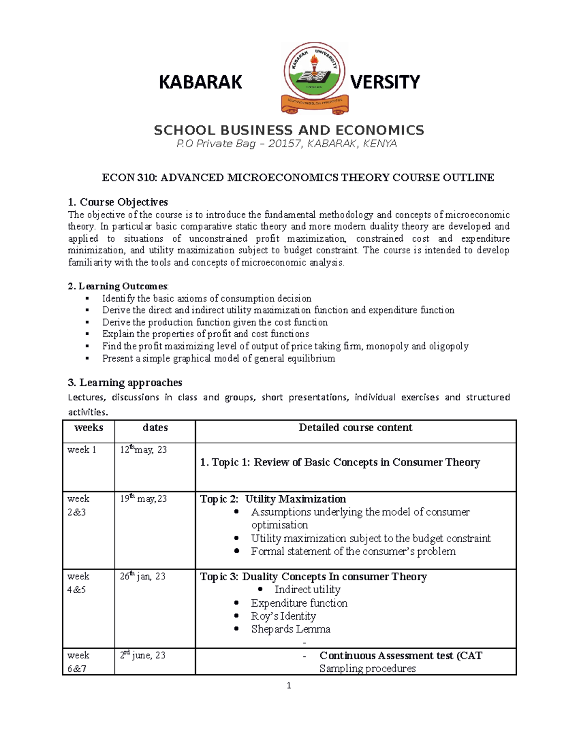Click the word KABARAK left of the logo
pos(200,82)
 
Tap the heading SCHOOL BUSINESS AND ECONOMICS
pos(289,130)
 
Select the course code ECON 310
pos(129,177)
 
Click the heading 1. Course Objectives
pos(118,202)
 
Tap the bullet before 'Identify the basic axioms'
pos(87,299)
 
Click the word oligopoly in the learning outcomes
pos(448,346)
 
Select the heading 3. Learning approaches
pos(125,383)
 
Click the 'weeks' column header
pos(89,428)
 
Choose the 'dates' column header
pos(155,428)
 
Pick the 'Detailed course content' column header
pos(355,428)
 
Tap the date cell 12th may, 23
pos(143,450)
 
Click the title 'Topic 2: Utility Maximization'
pos(273,499)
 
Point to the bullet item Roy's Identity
pos(283,616)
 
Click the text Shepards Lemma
pos(290,629)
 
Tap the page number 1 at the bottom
pos(289,686)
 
